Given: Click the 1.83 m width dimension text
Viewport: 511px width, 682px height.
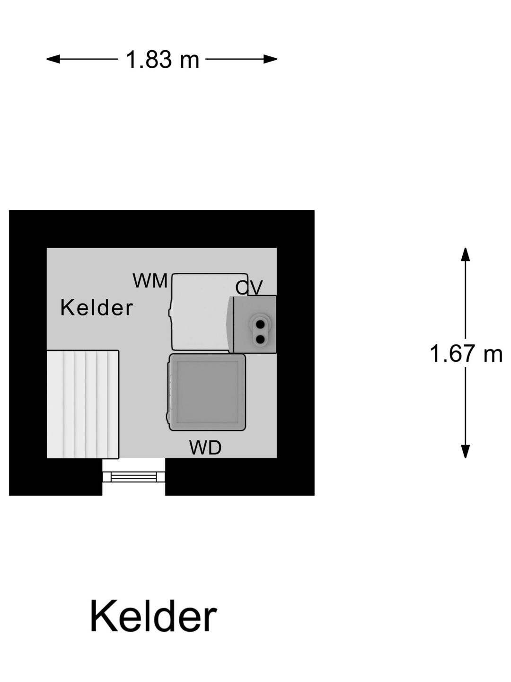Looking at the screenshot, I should click(162, 60).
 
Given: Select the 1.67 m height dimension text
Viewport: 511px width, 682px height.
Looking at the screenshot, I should click(466, 354).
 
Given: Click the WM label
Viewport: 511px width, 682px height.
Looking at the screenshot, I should click(150, 281).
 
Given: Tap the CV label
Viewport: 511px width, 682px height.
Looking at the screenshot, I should click(249, 287).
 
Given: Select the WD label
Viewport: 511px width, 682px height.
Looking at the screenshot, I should click(205, 448).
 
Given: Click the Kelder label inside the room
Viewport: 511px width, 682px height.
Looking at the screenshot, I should click(97, 308).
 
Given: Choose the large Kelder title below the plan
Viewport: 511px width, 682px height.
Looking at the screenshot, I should click(153, 616).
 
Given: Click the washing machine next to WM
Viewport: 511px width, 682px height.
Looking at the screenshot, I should click(201, 313).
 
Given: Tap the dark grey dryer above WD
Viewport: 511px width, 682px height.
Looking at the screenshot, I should click(207, 392).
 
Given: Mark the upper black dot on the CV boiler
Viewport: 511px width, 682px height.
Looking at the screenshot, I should click(260, 324).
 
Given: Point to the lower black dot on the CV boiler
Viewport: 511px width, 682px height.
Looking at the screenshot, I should click(260, 339).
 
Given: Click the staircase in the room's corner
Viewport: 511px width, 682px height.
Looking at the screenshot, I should click(82, 404).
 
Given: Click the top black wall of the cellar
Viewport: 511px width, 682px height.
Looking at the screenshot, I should click(161, 229).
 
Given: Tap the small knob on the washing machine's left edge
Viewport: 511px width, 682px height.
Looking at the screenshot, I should click(170, 313).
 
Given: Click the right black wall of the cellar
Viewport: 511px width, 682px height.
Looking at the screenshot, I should click(296, 353).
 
